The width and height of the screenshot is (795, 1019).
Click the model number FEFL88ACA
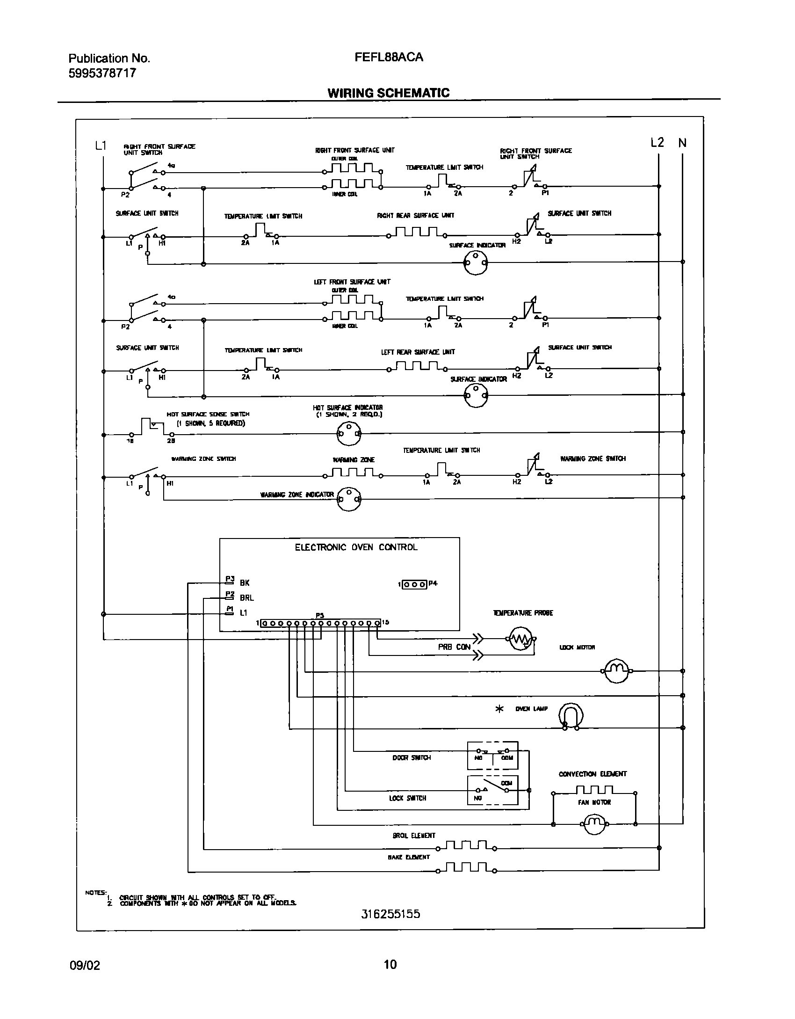click(389, 57)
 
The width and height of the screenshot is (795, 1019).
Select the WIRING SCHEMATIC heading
click(388, 93)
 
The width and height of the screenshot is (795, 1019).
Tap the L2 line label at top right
click(657, 143)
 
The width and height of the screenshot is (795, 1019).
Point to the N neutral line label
click(682, 143)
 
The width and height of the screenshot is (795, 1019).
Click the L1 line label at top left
click(101, 146)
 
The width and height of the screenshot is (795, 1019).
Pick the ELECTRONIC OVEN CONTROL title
click(356, 547)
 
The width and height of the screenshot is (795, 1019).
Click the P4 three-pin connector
click(414, 584)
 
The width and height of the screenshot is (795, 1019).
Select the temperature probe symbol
click(521, 640)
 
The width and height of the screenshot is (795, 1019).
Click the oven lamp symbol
click(571, 715)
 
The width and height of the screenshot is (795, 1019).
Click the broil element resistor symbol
click(466, 845)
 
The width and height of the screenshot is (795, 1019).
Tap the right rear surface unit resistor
click(416, 233)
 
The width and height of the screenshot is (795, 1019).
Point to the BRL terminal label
click(246, 598)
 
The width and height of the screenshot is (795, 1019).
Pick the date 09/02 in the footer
click(84, 965)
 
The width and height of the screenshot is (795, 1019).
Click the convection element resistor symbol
click(594, 790)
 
